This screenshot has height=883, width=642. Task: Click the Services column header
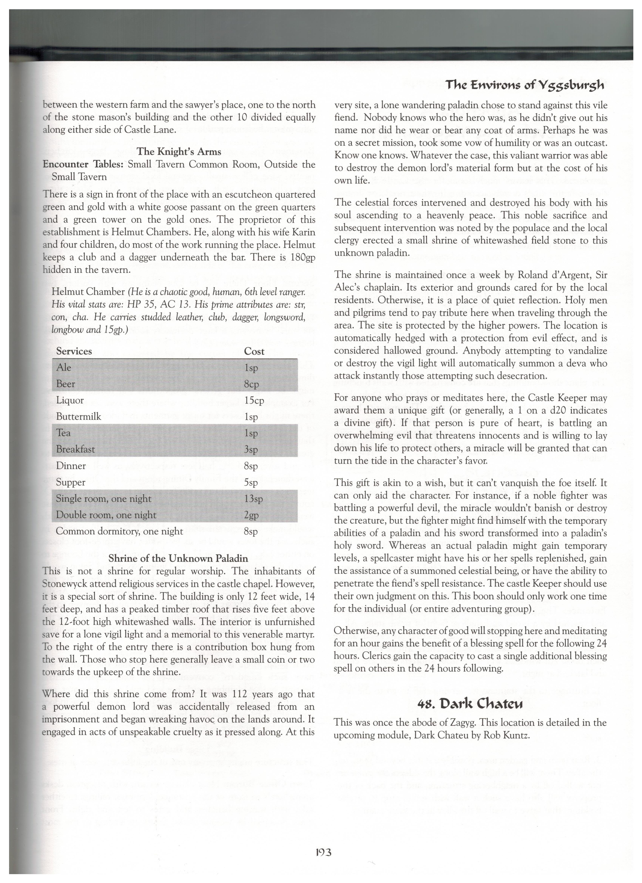click(x=74, y=351)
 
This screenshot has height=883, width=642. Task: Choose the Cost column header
click(x=254, y=351)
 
